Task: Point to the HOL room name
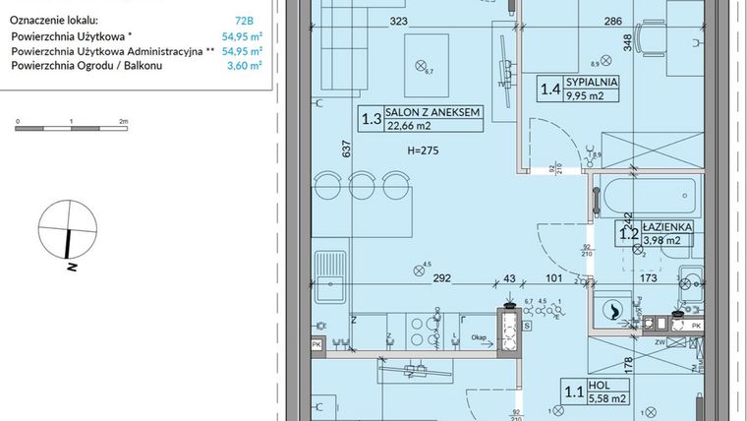tap(598, 387)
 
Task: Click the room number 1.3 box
tap(372, 119)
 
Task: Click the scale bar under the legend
tap(70, 127)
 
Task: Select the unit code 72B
tap(231, 19)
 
